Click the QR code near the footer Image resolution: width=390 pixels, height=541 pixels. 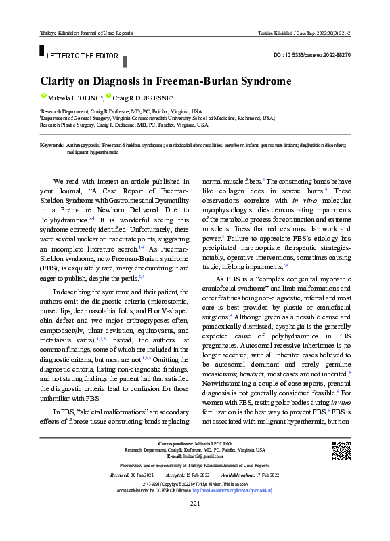(x=341, y=451)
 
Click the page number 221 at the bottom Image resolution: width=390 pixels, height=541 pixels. (x=195, y=522)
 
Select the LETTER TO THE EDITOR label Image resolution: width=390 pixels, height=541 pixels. (x=83, y=56)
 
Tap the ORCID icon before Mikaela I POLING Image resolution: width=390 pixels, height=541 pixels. (x=43, y=97)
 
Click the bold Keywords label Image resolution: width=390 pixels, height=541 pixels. (x=52, y=145)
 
